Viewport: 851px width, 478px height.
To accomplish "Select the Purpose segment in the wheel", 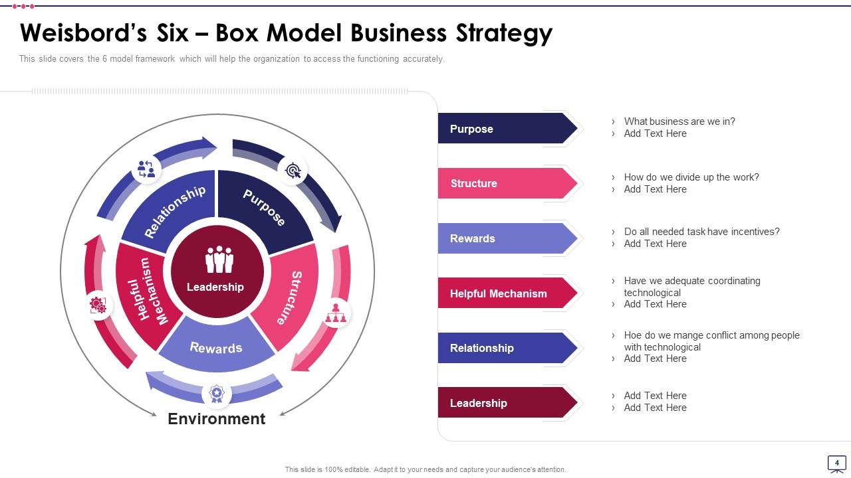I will (x=265, y=206).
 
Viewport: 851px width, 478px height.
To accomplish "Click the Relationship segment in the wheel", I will (x=174, y=210).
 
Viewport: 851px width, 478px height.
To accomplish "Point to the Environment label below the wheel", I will (x=216, y=419).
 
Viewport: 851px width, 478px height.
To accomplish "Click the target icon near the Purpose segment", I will (x=293, y=171).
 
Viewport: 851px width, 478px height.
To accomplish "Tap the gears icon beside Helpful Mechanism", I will (x=98, y=305).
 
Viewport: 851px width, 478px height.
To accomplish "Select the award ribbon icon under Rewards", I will (x=217, y=394).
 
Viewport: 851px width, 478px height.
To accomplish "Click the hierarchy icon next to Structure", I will (x=336, y=313).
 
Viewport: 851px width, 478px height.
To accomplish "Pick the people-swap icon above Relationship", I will (x=146, y=169).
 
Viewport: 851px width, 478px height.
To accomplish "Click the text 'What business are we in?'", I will (x=679, y=121).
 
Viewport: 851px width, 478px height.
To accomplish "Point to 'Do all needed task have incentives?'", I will (x=701, y=232).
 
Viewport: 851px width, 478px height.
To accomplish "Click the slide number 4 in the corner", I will (x=836, y=463).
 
